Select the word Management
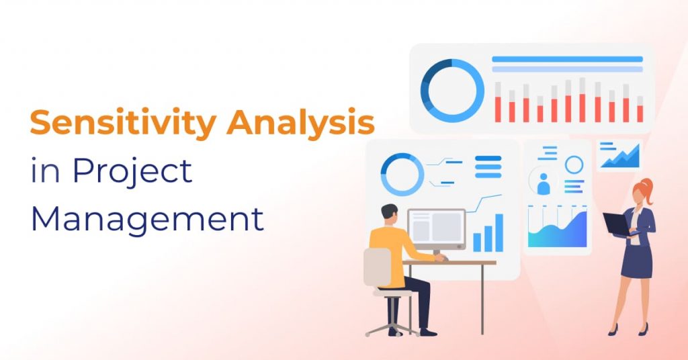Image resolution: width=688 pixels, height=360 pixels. coord(147,219)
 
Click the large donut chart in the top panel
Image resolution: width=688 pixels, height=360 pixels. coord(452,91)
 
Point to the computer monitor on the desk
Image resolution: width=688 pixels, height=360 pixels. coord(436,229)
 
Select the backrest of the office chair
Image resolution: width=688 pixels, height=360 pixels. coord(377,267)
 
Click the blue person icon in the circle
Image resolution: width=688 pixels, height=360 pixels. coord(544,181)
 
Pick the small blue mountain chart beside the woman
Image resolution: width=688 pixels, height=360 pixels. coord(619,156)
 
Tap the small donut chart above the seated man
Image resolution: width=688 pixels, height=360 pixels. coord(402,174)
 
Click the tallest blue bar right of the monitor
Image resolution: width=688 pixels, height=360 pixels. coord(498,232)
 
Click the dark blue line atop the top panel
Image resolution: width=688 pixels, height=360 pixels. coord(567,59)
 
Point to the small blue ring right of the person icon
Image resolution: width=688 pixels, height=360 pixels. coord(574,165)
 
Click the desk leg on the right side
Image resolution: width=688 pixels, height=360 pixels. coord(481,298)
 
